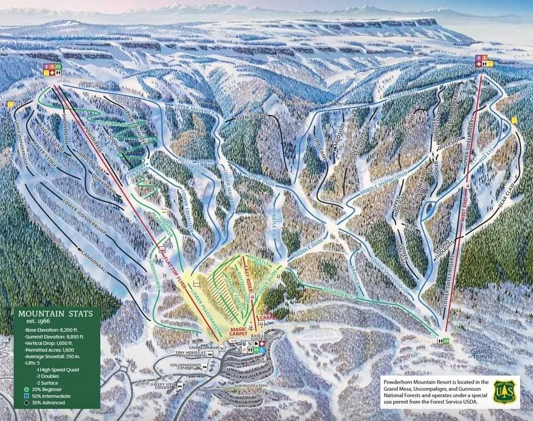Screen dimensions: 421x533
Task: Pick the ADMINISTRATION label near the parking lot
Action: [251, 385]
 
